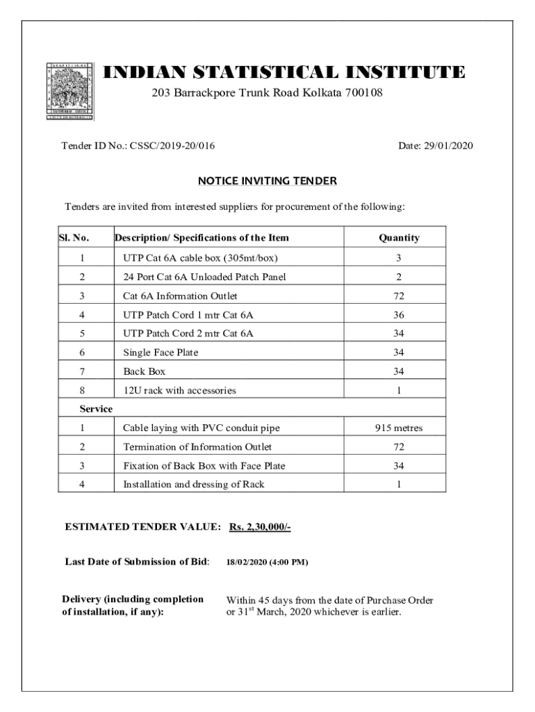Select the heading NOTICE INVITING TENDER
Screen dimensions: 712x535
[267, 181]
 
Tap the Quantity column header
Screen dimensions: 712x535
[399, 238]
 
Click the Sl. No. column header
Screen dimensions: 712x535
[74, 238]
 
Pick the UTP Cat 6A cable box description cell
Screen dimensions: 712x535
[200, 258]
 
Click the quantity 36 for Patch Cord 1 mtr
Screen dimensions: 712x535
[399, 315]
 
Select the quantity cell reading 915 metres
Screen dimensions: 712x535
[399, 428]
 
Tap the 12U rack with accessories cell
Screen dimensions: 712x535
[179, 391]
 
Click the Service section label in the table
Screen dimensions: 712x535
[97, 409]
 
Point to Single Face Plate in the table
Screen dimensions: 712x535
[160, 353]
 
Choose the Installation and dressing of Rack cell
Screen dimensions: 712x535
[193, 484]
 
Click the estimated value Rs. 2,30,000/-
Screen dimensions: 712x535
[259, 527]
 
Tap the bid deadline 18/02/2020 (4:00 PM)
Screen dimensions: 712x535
[267, 562]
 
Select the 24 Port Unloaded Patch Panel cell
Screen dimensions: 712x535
[204, 277]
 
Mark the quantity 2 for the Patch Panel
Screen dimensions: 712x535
[399, 277]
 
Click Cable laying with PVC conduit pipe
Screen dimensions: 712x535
[201, 428]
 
